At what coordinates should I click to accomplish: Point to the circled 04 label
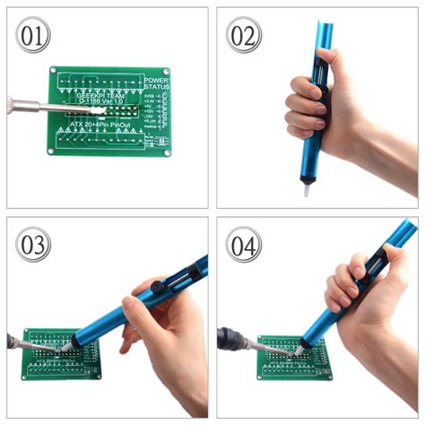click(243, 244)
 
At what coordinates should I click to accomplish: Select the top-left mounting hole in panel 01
click(56, 73)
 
